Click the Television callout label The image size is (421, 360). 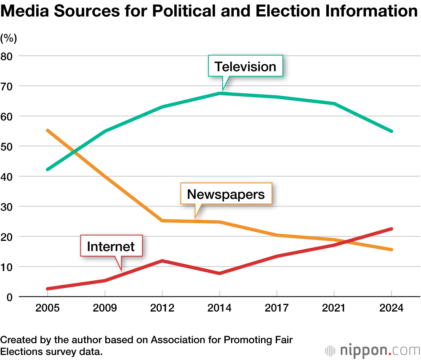[x=245, y=66]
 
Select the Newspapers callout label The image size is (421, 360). [x=226, y=194]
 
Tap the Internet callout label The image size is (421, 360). [x=111, y=246]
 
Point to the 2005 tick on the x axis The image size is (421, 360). [x=47, y=308]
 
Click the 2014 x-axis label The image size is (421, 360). [x=219, y=308]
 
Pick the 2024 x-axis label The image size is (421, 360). [x=392, y=308]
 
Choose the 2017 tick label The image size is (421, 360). [x=277, y=308]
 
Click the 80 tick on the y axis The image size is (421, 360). [x=8, y=56]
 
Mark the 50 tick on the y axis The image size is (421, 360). [x=8, y=146]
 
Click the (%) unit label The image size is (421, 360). [x=8, y=38]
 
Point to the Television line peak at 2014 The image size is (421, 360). [x=219, y=93]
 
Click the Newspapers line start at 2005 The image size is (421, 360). [x=48, y=131]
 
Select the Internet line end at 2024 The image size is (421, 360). [x=392, y=229]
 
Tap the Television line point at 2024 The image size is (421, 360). [x=392, y=131]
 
